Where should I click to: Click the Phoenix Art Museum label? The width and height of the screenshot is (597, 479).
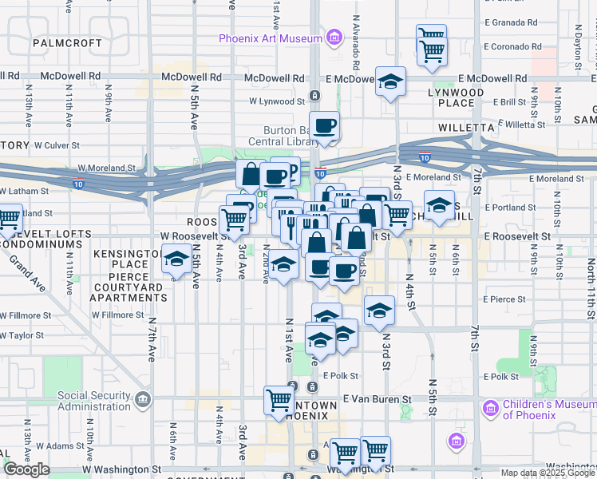271,38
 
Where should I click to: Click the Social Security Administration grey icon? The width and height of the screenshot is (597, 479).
143,398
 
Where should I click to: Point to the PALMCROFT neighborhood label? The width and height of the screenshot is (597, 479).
68,42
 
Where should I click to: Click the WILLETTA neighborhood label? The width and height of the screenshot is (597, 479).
466,127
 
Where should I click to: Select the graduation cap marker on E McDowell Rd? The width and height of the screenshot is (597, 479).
390,82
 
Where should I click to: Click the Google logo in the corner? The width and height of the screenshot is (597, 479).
26,469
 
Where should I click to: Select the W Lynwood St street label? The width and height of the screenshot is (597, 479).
276,101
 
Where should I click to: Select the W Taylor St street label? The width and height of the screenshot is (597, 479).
22,336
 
